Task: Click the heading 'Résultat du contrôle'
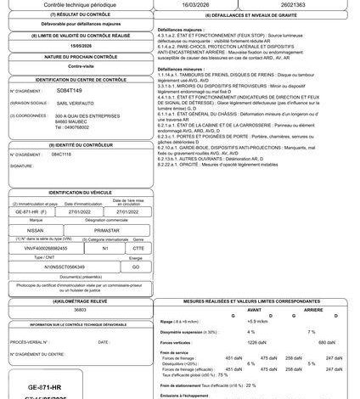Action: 82,16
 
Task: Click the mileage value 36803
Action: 82,311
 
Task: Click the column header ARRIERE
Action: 314,309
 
